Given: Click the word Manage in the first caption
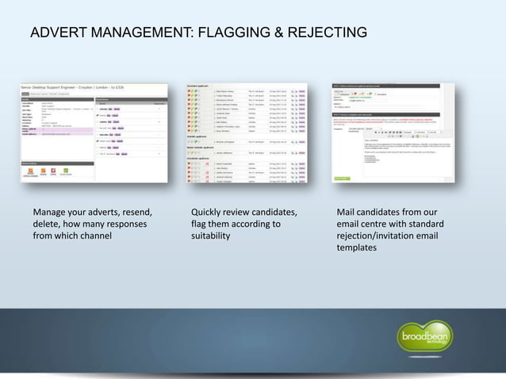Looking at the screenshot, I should point(52,212).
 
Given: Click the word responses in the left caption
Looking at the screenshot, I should point(125,224).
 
